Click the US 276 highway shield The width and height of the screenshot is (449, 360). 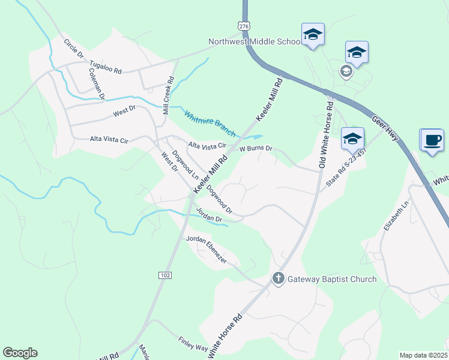(243, 26)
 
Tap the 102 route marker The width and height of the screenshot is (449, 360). (166, 275)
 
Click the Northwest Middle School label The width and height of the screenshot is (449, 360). (255, 42)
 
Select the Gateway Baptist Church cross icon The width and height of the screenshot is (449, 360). (278, 278)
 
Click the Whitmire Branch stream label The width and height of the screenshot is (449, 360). (210, 124)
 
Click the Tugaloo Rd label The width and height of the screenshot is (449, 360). (105, 67)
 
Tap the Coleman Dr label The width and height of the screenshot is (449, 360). (97, 83)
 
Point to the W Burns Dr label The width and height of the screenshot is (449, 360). (256, 148)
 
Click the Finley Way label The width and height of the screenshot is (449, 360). (192, 344)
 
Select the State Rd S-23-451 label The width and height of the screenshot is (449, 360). (346, 167)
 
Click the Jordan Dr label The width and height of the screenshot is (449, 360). (208, 214)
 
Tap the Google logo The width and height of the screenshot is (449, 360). (20, 353)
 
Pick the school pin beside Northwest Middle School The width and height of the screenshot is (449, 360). (313, 34)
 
